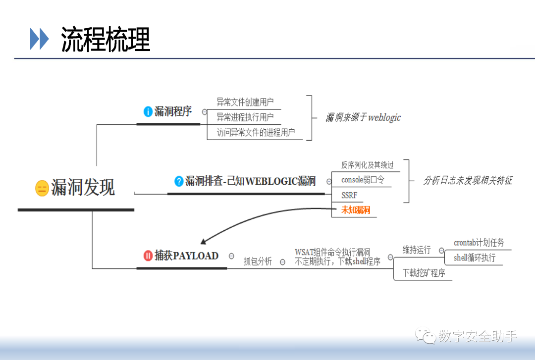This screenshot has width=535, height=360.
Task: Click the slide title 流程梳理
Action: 106,40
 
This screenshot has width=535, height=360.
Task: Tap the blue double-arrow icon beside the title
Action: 39,39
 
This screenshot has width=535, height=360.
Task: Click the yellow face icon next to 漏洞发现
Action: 42,188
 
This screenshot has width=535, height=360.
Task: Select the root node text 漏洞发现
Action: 83,188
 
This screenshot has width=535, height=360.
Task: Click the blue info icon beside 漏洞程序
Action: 148,111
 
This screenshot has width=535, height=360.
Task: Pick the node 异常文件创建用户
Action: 245,103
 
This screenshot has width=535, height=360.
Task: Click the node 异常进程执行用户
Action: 245,117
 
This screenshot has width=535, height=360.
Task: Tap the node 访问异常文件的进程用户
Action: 256,132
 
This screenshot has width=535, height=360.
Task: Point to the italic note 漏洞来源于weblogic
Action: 363,118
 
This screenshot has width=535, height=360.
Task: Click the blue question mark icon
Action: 179,181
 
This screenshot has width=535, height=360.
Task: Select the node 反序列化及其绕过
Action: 368,165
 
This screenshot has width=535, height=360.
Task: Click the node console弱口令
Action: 363,180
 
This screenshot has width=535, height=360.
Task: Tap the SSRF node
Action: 349,195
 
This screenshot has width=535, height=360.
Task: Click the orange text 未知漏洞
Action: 356,210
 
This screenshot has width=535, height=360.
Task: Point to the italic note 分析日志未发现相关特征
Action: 468,181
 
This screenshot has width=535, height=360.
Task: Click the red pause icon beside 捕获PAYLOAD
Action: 148,256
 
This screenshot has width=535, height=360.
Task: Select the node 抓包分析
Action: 258,261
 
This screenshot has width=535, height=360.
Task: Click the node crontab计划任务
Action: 479,243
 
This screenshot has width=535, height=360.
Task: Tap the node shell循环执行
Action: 475,257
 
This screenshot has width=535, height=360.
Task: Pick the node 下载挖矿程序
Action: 424,273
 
